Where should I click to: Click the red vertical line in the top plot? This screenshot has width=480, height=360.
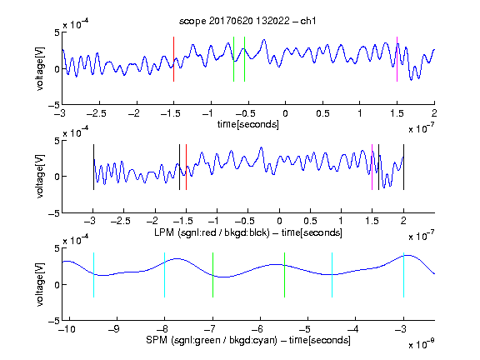(173, 59)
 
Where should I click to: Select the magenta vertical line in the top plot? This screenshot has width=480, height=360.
(397, 59)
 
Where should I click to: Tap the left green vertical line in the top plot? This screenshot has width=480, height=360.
(233, 59)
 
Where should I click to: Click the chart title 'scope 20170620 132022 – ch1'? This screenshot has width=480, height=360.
(247, 21)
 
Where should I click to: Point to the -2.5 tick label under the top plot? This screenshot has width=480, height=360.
(97, 113)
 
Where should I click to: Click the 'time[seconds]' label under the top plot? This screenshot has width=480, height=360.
(248, 124)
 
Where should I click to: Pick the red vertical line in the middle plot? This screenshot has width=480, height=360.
(186, 167)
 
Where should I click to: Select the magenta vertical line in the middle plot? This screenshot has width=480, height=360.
(372, 167)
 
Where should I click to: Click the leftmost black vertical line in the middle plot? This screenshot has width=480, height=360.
(93, 167)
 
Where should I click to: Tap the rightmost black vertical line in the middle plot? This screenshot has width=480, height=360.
(403, 167)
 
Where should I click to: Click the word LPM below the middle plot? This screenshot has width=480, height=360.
(164, 232)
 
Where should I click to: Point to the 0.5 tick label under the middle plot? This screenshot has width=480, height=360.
(310, 221)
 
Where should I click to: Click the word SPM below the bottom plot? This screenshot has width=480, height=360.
(157, 340)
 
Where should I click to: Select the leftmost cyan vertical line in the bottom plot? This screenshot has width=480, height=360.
(93, 275)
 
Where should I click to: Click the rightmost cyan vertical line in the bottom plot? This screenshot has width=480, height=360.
(403, 275)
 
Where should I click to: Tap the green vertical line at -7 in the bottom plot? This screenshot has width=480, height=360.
(212, 275)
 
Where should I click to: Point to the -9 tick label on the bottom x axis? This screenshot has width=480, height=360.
(114, 329)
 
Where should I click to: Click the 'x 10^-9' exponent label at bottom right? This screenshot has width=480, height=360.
(422, 343)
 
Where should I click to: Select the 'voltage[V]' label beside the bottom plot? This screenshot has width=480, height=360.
(40, 285)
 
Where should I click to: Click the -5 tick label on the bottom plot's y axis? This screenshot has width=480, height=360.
(53, 321)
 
